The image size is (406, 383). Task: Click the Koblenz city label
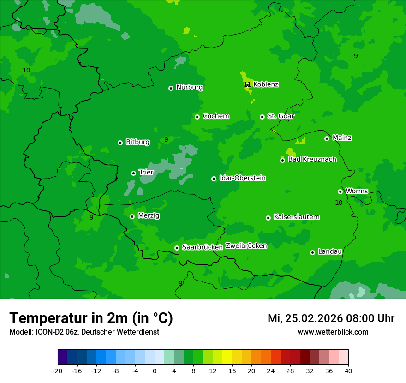(x=266, y=84)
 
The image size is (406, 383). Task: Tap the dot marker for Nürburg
(x=171, y=88)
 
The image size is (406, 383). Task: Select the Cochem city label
(x=215, y=116)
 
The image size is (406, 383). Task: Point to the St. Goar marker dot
(x=262, y=117)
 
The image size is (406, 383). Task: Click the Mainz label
(x=342, y=138)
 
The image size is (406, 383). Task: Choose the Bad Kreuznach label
(x=312, y=160)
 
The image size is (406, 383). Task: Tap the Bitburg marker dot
(x=120, y=143)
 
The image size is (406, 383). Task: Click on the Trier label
(x=146, y=173)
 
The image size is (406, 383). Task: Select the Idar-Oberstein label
(x=242, y=178)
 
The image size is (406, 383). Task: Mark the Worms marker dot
(x=340, y=191)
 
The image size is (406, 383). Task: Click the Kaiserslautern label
(x=297, y=217)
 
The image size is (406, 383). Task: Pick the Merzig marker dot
(x=132, y=216)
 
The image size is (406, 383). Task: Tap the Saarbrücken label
(x=203, y=247)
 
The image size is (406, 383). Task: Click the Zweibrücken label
(x=246, y=246)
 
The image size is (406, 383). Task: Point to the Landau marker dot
(x=312, y=252)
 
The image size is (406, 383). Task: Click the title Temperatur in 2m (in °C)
(x=91, y=318)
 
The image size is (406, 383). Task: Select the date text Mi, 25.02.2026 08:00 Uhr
(x=331, y=318)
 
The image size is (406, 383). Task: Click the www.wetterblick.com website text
(x=333, y=332)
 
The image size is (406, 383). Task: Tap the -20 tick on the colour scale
(x=58, y=371)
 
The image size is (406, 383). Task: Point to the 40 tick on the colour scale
(x=348, y=371)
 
